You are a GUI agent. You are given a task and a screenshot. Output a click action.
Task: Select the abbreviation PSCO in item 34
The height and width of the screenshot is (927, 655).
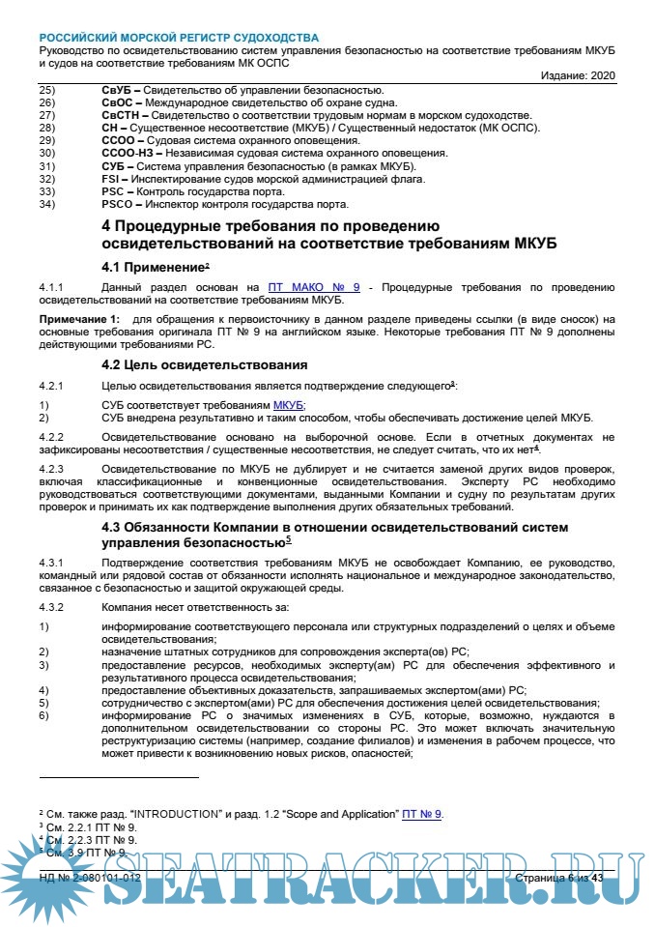pyautogui.click(x=119, y=204)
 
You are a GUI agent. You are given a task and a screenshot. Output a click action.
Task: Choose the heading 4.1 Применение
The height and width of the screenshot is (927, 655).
pyautogui.click(x=154, y=265)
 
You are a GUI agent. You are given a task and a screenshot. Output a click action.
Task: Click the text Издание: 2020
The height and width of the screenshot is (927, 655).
pyautogui.click(x=577, y=75)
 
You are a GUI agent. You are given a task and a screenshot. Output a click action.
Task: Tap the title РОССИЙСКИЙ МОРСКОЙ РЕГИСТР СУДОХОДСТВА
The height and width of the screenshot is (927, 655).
pyautogui.click(x=179, y=38)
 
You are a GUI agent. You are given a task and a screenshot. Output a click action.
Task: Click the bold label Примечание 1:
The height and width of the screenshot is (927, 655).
pyautogui.click(x=81, y=319)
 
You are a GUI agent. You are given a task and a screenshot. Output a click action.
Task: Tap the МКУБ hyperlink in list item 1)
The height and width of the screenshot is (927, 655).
pyautogui.click(x=289, y=405)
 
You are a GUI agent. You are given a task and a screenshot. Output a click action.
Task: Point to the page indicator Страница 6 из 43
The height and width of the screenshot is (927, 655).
pyautogui.click(x=559, y=878)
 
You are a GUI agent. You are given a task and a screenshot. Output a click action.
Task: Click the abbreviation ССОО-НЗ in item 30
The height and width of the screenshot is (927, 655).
pyautogui.click(x=128, y=153)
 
